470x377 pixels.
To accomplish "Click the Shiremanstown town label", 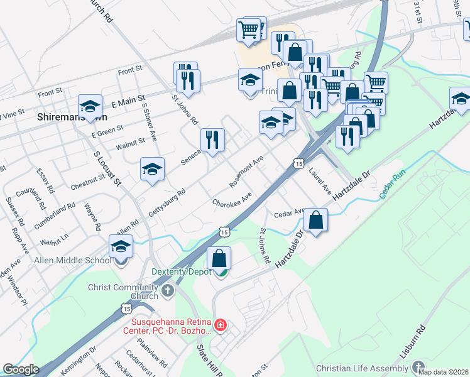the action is (x=72, y=116).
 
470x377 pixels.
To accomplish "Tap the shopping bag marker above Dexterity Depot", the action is (x=219, y=259).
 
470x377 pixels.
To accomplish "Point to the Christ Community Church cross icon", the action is (x=167, y=291).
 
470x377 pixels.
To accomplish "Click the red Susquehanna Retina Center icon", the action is (x=220, y=325).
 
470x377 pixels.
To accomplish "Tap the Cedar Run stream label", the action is (x=392, y=183).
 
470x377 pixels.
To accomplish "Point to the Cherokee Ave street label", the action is (x=232, y=199).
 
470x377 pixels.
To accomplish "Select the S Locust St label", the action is (x=106, y=169).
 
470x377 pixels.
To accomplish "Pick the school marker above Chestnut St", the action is (x=152, y=170).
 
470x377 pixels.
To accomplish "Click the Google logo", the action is (x=21, y=369).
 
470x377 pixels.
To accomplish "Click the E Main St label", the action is (x=128, y=101).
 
